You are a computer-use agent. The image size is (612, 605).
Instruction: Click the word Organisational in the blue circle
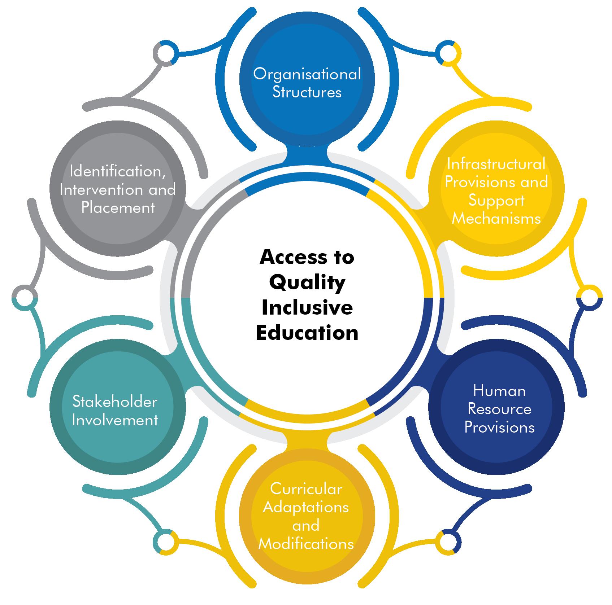point(307,74)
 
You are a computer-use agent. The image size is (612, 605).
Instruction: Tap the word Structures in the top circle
point(307,92)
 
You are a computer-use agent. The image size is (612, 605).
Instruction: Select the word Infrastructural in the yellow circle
point(496,165)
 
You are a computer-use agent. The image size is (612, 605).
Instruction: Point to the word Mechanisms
point(496,219)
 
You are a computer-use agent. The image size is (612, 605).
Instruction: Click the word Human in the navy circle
point(499,391)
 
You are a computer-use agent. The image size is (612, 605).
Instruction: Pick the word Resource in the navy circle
point(499,409)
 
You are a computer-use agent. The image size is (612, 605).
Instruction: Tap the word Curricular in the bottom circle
point(306,489)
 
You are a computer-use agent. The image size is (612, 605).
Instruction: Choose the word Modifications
point(306,544)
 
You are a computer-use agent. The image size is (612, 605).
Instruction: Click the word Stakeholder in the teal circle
point(115,402)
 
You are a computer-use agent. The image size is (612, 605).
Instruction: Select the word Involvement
point(115,420)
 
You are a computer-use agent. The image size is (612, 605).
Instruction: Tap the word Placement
point(118,208)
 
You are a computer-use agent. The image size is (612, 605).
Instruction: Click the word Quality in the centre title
point(307,283)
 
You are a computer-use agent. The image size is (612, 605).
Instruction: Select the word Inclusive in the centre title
point(307,308)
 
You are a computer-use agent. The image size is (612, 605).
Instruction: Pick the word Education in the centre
point(307,333)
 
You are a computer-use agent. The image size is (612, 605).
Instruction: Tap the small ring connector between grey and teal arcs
point(25,298)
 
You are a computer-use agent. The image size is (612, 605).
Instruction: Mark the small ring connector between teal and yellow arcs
point(166,542)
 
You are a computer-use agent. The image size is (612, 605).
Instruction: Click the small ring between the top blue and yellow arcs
point(448,53)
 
